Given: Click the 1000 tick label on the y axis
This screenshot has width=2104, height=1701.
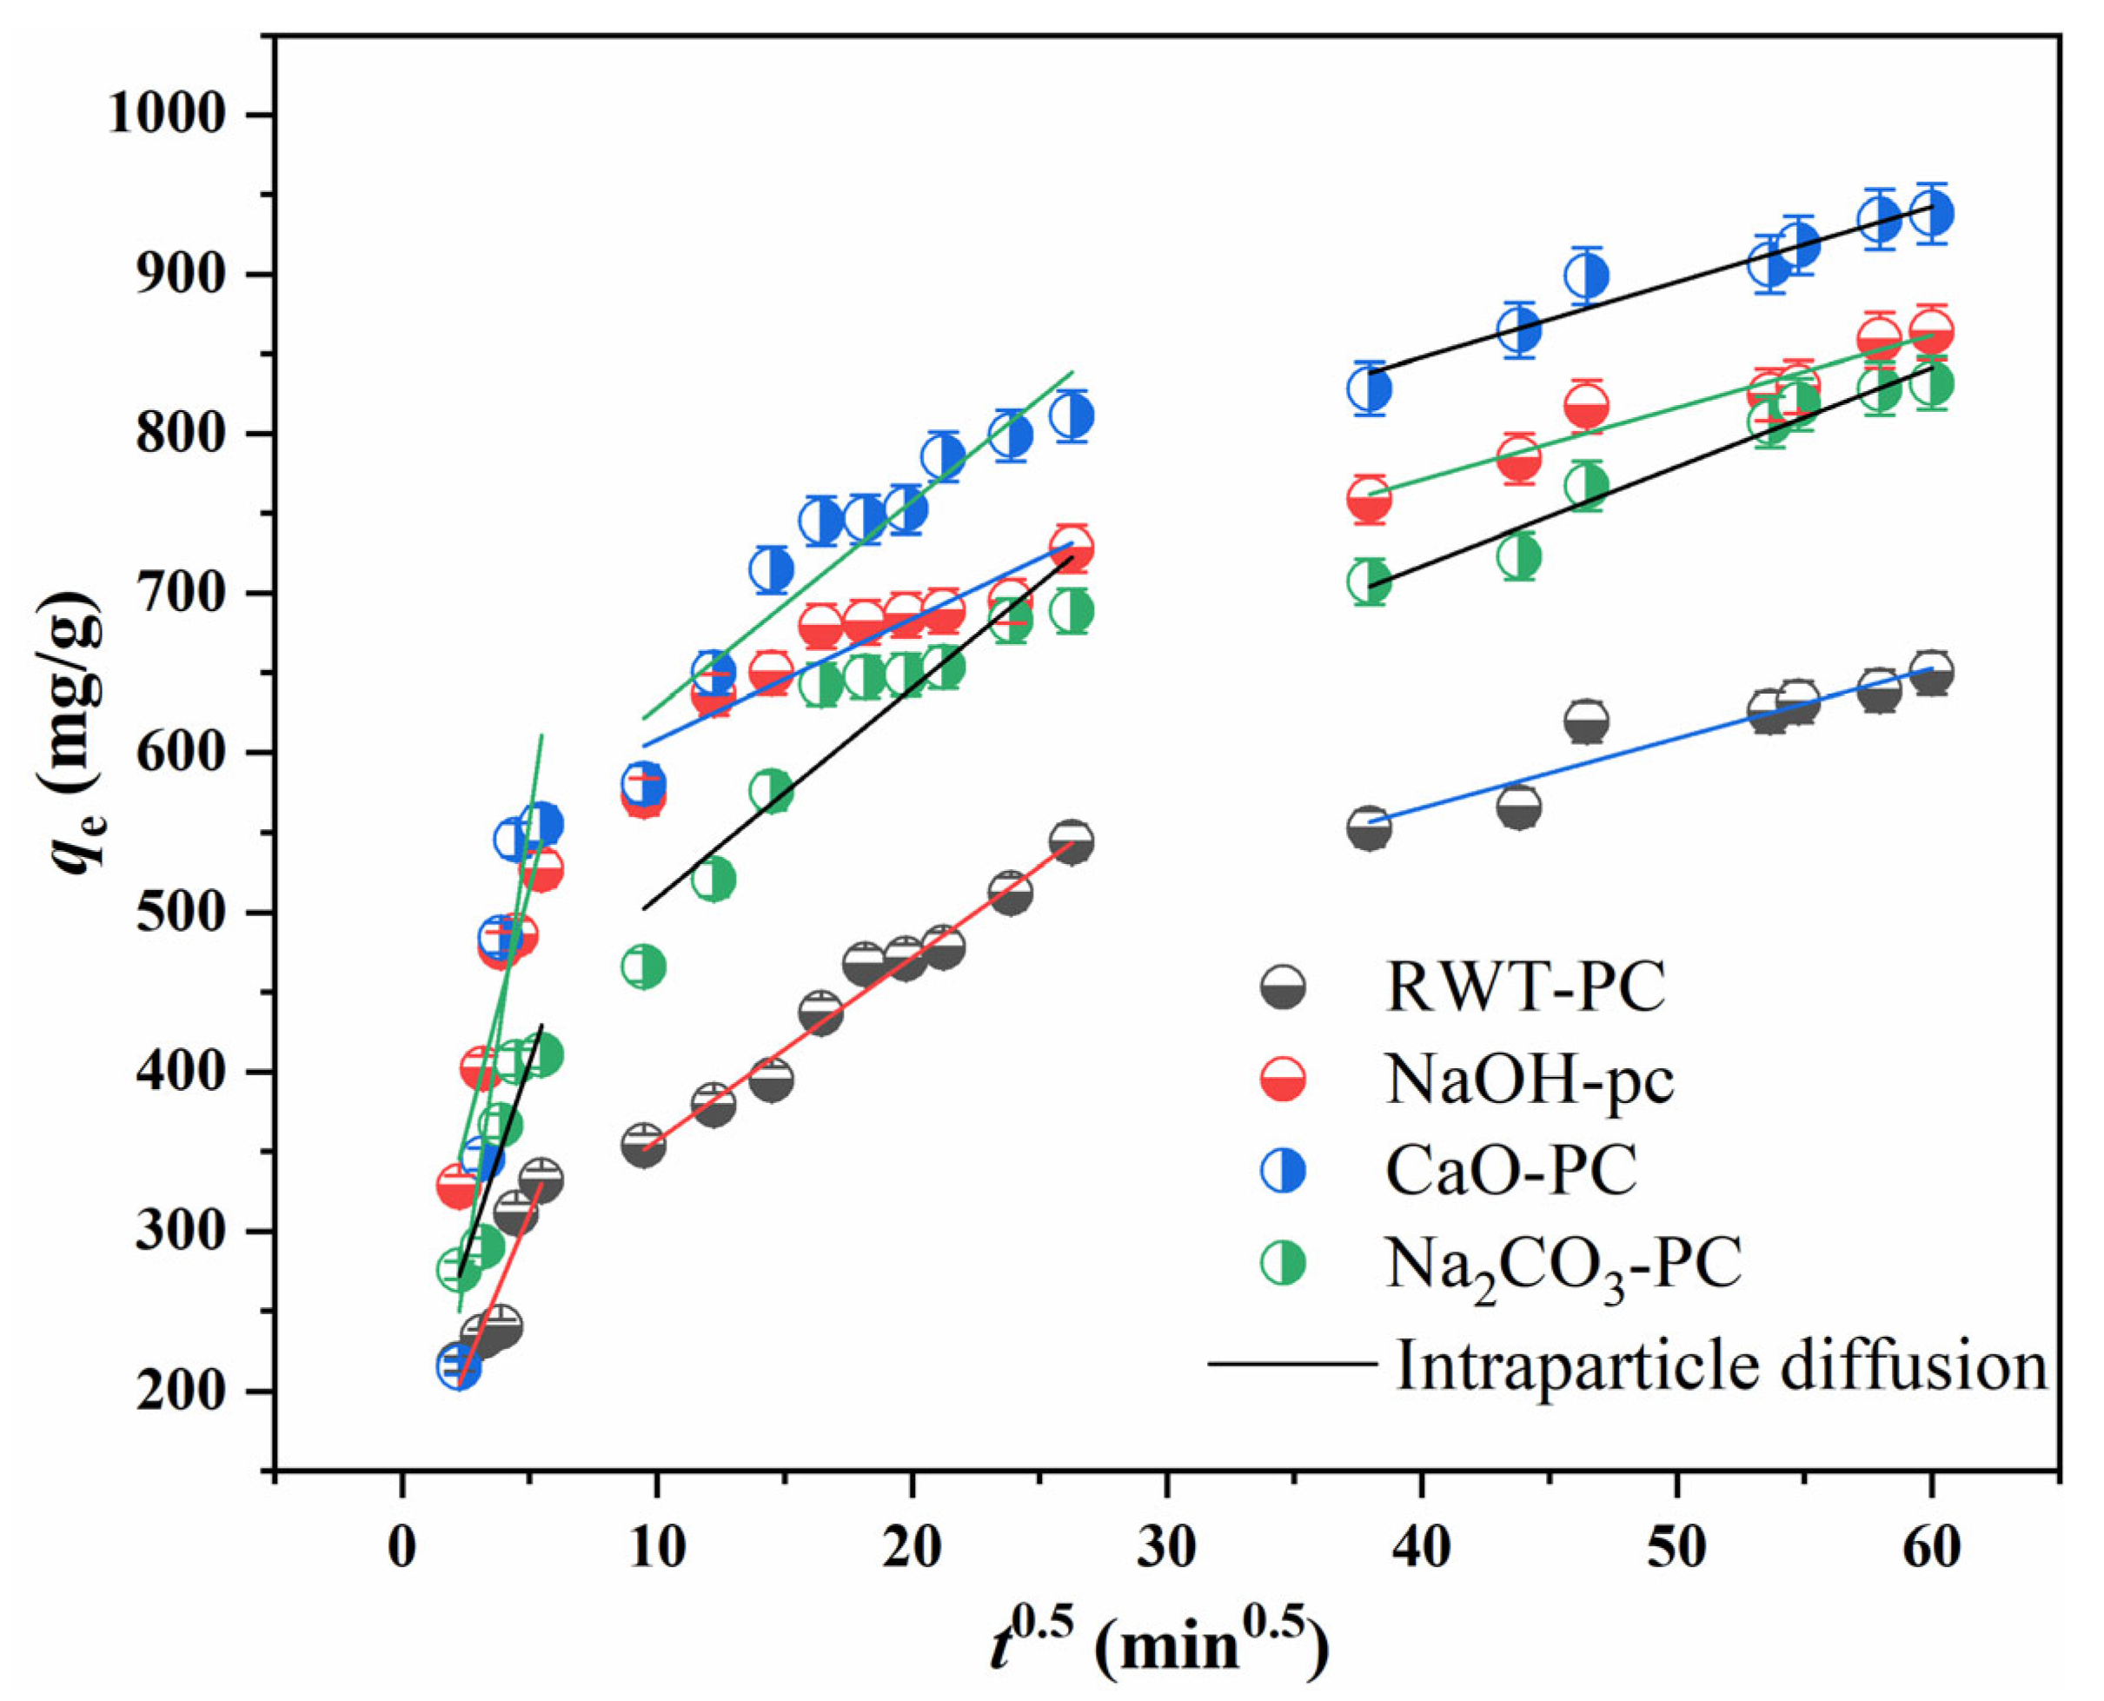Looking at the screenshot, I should (x=167, y=116).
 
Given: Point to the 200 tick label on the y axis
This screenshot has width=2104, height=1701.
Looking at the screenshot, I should (x=182, y=1391).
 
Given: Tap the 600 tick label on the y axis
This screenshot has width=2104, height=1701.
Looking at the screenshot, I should (x=182, y=753).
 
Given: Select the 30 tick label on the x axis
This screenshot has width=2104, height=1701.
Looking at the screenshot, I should (x=1166, y=1548).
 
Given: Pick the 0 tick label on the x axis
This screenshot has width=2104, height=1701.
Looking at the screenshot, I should (x=402, y=1548).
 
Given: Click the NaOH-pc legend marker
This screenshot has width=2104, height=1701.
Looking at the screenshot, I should (x=1283, y=1080).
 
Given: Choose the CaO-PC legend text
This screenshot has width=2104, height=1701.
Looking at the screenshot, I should (x=1511, y=1170).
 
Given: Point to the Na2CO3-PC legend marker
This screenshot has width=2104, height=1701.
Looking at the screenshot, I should (x=1283, y=1262).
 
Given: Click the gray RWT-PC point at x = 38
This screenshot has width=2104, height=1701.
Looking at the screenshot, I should (x=1370, y=829).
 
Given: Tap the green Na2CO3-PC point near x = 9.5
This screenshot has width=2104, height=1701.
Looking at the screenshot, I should (x=644, y=967).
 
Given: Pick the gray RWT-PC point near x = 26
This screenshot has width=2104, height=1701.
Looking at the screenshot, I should (x=1072, y=841).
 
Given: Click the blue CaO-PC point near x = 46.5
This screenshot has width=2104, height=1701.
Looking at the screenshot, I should (x=1586, y=276).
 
